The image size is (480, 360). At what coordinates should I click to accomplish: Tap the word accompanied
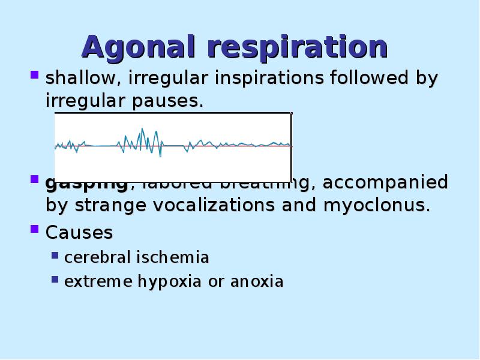pos(385,182)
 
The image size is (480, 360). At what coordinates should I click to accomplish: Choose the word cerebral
pos(97,257)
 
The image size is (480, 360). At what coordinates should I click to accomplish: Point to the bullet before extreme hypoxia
pos(55,279)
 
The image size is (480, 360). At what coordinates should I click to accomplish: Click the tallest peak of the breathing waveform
pos(142,128)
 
